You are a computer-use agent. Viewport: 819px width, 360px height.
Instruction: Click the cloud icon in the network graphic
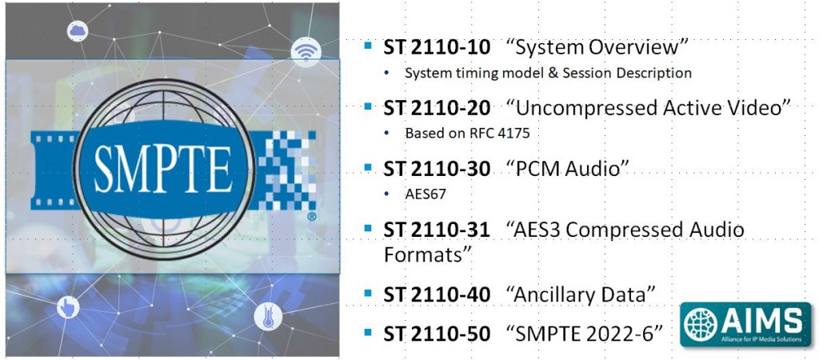(78, 31)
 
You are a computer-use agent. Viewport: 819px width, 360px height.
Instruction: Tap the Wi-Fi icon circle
(306, 52)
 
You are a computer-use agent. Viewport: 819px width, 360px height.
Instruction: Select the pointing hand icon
(68, 306)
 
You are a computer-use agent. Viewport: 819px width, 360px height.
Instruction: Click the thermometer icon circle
(268, 317)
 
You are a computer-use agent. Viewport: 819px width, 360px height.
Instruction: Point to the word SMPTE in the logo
(163, 168)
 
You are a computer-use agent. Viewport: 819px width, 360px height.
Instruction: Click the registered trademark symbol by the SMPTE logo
(312, 216)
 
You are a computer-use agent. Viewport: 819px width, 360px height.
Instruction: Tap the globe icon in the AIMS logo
(701, 322)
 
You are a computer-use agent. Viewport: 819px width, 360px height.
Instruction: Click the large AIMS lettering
(761, 320)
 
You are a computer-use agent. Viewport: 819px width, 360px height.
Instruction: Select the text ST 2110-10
(437, 47)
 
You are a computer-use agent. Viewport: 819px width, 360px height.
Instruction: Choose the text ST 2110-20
(437, 108)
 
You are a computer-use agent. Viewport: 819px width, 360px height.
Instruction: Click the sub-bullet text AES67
(425, 194)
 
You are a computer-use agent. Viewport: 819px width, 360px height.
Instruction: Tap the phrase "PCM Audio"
(567, 169)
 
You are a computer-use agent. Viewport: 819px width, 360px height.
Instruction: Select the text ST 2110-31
(437, 230)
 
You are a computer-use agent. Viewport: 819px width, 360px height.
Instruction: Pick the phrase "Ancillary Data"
(581, 294)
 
